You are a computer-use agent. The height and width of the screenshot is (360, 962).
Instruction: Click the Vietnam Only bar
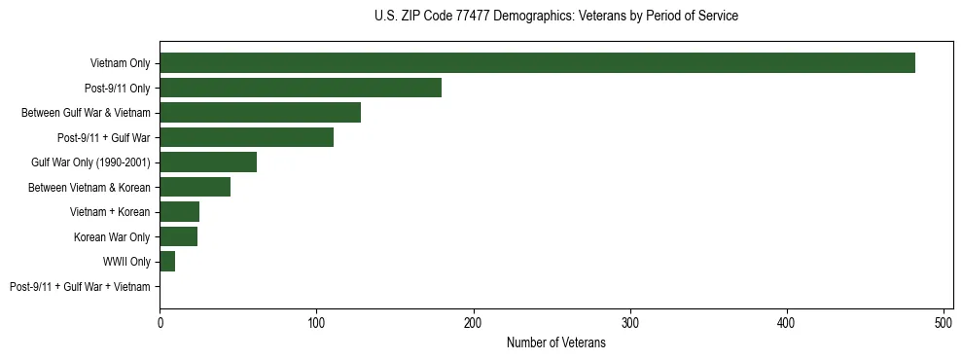[537, 63]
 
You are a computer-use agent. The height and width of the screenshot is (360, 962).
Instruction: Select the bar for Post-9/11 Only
[301, 88]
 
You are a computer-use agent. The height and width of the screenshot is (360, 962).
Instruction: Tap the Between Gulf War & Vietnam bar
[260, 113]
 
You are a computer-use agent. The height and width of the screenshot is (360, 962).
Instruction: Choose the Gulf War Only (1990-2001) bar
[208, 162]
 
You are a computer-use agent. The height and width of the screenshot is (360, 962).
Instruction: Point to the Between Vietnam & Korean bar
[195, 187]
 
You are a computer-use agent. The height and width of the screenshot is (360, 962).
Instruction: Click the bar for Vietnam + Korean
[179, 212]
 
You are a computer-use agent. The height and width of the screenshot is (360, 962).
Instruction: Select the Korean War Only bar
[178, 236]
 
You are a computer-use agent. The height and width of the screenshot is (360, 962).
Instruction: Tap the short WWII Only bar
[167, 262]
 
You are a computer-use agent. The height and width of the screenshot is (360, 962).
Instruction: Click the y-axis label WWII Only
[126, 262]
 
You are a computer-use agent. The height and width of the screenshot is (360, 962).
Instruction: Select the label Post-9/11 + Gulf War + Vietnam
[80, 287]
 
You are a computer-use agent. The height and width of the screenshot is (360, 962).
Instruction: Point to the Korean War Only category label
[112, 237]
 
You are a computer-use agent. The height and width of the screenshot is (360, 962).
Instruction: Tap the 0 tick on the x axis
[160, 322]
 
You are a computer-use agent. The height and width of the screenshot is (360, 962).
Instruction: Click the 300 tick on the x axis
[630, 322]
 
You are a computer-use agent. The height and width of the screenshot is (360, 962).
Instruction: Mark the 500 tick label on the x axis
[944, 322]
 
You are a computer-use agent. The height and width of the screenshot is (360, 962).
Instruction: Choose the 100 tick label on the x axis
[316, 322]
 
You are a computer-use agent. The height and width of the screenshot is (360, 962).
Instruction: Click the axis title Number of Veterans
[555, 343]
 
